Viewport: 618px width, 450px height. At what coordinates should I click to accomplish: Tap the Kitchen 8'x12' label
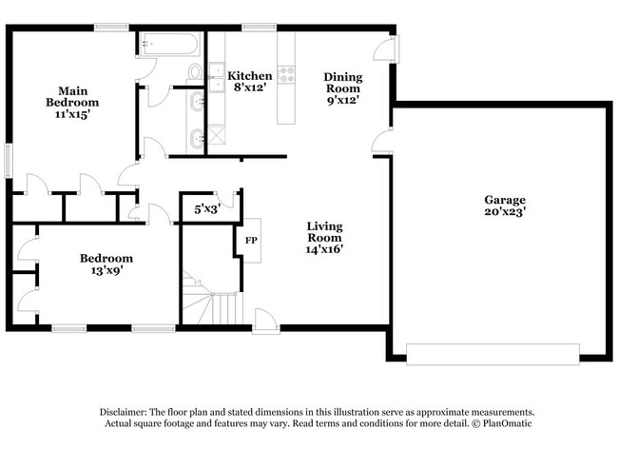250,81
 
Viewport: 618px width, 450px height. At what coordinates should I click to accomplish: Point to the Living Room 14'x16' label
324,237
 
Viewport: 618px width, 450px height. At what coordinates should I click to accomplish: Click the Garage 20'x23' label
505,205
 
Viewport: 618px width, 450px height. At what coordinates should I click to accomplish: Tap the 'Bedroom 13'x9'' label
106,264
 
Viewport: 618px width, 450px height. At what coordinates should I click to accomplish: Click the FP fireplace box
252,241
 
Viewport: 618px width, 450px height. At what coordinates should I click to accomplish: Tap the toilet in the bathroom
196,71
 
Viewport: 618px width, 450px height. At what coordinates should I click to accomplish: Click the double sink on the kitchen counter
217,81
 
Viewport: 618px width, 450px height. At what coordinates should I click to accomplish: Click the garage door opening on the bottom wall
492,353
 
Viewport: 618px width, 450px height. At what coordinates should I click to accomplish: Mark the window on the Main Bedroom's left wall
9,160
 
